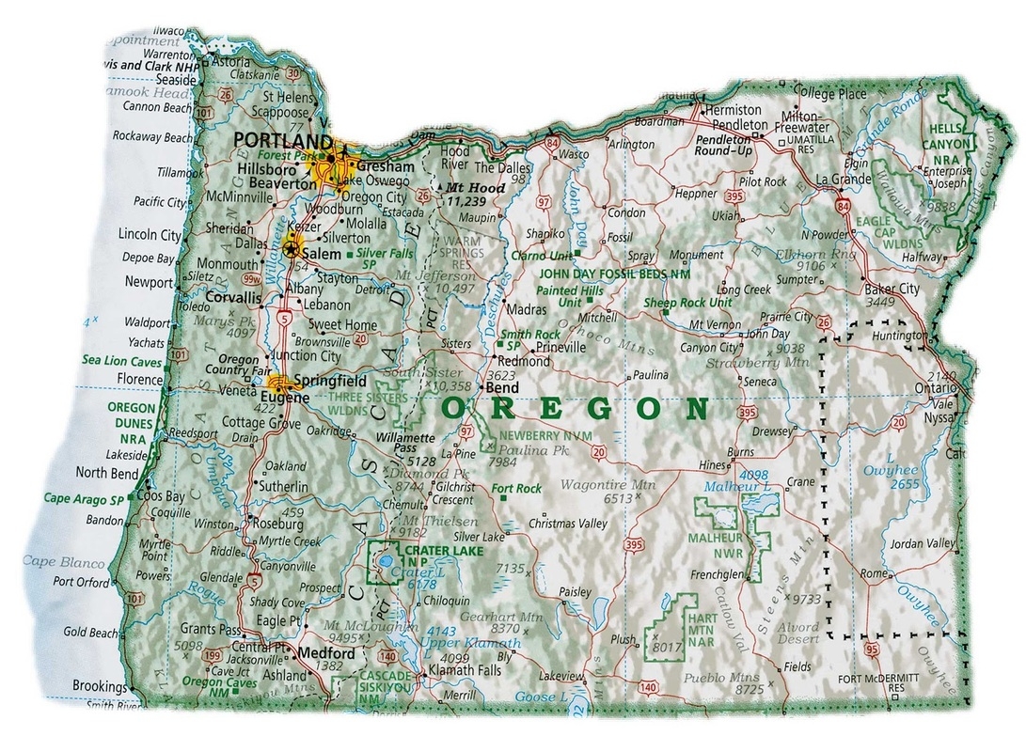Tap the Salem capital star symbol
click(293, 249)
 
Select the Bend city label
click(502, 386)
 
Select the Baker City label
click(892, 289)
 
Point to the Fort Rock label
click(516, 489)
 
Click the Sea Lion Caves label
click(122, 359)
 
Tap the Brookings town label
click(100, 686)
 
